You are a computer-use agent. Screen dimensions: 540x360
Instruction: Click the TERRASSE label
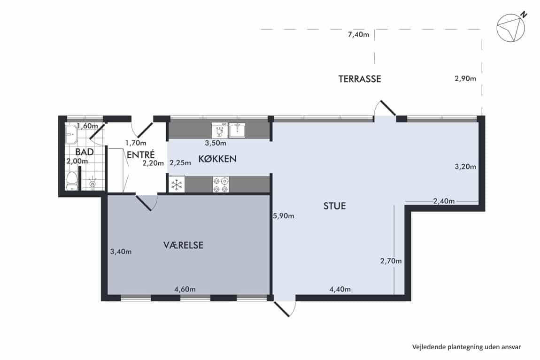coord(360,79)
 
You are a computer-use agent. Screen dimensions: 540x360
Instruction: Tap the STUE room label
coord(334,206)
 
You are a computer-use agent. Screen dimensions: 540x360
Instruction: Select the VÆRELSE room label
coord(183,245)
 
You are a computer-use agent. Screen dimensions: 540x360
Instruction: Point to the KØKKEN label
coord(217,159)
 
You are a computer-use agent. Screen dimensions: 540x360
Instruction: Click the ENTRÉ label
coord(140,154)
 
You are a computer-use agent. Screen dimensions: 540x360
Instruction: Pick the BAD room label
coord(85,152)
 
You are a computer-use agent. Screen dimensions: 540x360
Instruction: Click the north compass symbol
coord(511,27)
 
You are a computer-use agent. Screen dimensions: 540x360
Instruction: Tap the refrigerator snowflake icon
coord(177,184)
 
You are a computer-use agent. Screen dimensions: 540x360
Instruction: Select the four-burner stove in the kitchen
coord(221,184)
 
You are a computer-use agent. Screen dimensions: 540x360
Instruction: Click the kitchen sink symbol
coord(237,130)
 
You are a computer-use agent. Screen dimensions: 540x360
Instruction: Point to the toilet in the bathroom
coord(72,181)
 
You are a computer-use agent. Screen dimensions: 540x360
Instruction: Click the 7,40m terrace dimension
coord(358,34)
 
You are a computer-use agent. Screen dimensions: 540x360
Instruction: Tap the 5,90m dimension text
coord(284,216)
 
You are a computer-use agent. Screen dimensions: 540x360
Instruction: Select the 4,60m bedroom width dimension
coord(185,289)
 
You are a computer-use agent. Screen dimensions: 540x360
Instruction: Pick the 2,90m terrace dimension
coord(465,78)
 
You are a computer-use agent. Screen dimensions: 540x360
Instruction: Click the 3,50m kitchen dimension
coord(216,143)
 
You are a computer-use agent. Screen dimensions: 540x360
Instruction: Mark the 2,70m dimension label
coord(391,261)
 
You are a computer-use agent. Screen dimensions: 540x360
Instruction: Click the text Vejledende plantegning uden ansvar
coord(467,347)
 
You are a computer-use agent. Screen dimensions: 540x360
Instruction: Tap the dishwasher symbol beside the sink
coord(219,130)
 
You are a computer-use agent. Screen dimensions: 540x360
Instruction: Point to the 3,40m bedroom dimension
coord(121,252)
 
